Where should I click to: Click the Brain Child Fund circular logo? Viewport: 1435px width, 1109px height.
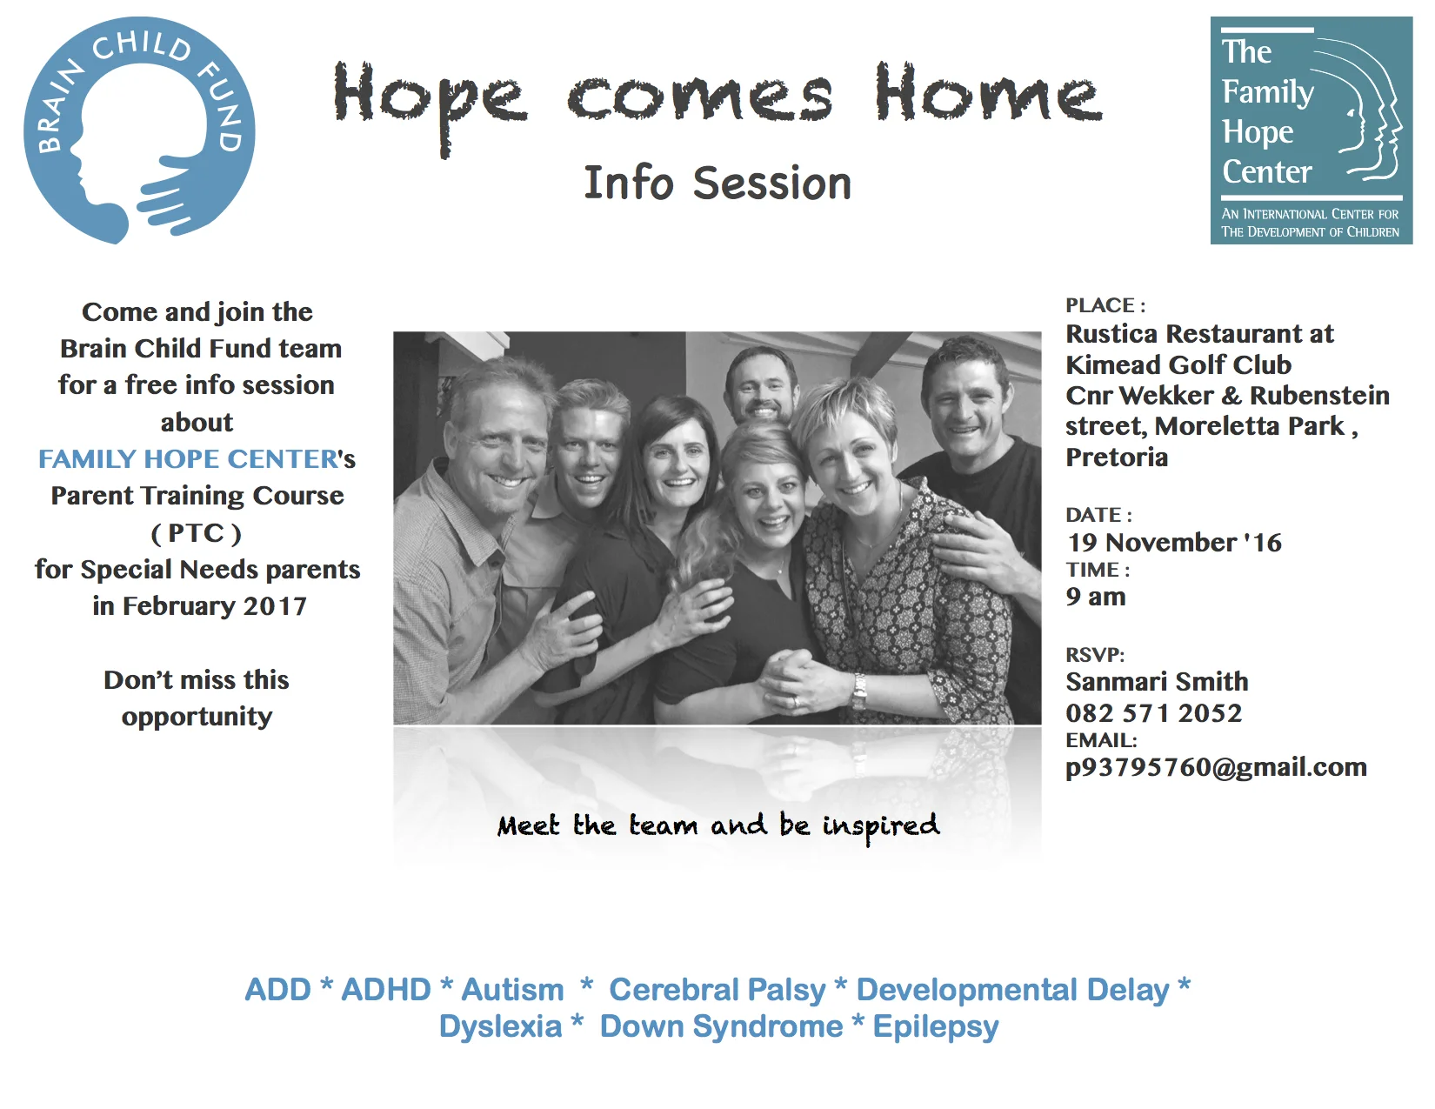(x=139, y=130)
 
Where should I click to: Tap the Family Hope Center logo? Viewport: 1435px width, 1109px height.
(x=1311, y=130)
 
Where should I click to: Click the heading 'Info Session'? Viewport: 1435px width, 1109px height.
(x=717, y=183)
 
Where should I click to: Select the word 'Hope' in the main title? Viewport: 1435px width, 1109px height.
(x=430, y=103)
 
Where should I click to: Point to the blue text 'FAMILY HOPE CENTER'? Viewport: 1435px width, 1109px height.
(x=188, y=458)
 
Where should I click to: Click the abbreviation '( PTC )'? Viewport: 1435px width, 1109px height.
(x=197, y=533)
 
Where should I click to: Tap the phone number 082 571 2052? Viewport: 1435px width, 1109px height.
(x=1154, y=713)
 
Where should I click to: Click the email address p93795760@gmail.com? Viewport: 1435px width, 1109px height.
(x=1216, y=768)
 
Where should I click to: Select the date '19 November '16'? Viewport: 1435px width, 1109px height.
(x=1174, y=543)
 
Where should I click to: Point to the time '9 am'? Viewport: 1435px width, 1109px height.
(x=1096, y=597)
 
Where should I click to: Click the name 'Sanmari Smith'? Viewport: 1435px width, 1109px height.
(x=1157, y=682)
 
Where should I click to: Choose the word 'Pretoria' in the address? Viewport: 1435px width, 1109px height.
(x=1117, y=457)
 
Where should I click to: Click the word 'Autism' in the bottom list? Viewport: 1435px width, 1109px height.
(x=512, y=990)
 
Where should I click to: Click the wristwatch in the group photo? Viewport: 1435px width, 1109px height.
(x=858, y=691)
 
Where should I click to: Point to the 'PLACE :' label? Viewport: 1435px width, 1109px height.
(x=1105, y=305)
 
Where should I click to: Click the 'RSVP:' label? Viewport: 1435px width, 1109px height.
(x=1095, y=655)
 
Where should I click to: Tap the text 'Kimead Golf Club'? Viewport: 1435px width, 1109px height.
(x=1178, y=364)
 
